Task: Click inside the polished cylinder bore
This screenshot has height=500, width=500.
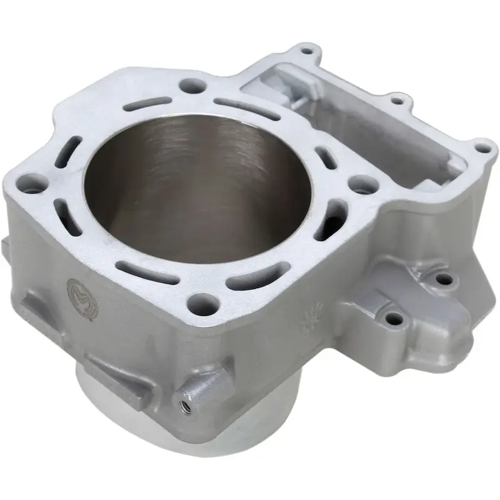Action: (187, 181)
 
